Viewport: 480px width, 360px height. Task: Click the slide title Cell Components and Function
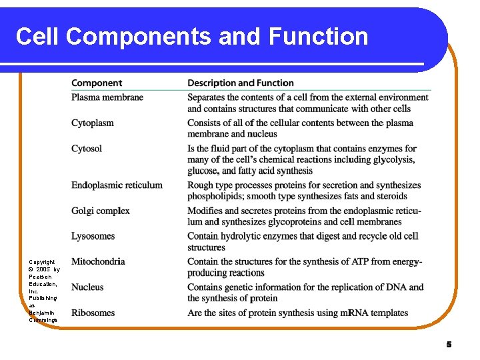(x=192, y=36)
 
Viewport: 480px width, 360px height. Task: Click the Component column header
(x=97, y=83)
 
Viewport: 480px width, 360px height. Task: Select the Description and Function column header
(x=241, y=83)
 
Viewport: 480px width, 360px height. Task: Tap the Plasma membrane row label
(x=107, y=97)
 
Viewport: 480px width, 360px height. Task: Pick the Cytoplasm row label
(x=93, y=123)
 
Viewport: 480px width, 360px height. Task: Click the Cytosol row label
(x=87, y=149)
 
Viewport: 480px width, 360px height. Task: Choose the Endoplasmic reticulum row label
(x=117, y=185)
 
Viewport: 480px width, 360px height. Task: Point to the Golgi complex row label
(x=101, y=211)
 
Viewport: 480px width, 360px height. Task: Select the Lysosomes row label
(x=93, y=236)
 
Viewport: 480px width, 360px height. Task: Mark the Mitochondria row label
(x=98, y=261)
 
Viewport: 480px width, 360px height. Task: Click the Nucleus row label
(x=88, y=287)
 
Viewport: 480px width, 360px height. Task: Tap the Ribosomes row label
(x=93, y=313)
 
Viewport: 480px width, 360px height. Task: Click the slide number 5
(x=449, y=345)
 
